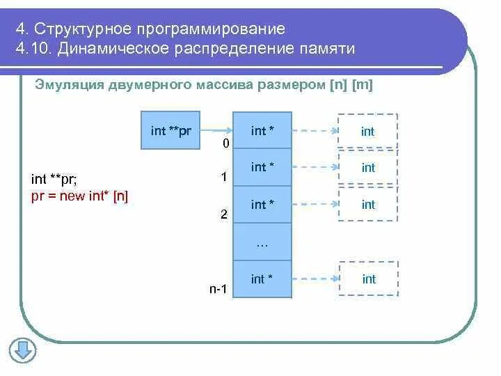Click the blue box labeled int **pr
tap(170, 130)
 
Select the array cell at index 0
tap(262, 130)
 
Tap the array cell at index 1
tap(262, 167)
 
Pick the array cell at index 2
tap(262, 205)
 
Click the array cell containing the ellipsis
tap(262, 242)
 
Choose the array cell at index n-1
tap(262, 279)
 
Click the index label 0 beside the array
tap(225, 143)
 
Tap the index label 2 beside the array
tap(223, 214)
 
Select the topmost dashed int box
tap(368, 131)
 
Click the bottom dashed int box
tap(369, 279)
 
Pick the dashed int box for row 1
tap(368, 168)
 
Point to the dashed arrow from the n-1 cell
tap(315, 279)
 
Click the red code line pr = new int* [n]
tap(80, 196)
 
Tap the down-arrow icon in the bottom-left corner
tap(22, 350)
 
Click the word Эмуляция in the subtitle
tap(68, 85)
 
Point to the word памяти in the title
tap(326, 49)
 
